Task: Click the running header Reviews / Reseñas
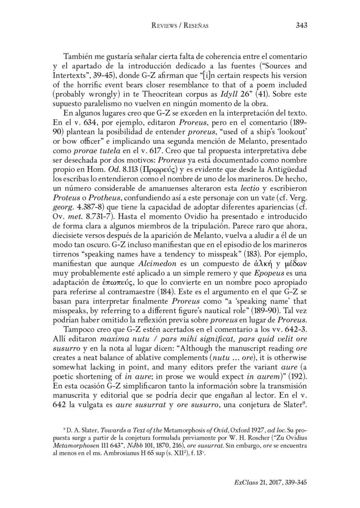click(180, 26)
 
